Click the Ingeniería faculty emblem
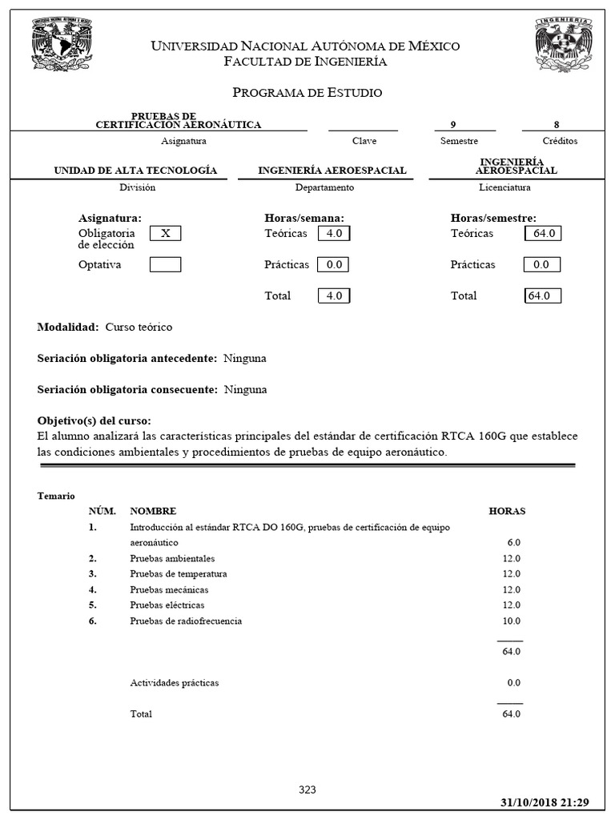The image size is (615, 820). (x=565, y=46)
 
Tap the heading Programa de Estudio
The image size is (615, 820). (x=307, y=93)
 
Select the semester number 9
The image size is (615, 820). (x=453, y=124)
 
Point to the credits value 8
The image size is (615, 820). (x=557, y=124)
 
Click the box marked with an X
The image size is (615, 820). (x=166, y=234)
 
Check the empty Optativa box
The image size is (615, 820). (x=166, y=264)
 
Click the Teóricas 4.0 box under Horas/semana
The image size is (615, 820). (x=334, y=234)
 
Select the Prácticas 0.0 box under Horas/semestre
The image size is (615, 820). (x=541, y=264)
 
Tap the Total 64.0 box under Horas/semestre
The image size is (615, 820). (x=542, y=295)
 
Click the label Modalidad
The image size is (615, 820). (x=68, y=328)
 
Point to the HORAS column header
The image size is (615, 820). (x=507, y=511)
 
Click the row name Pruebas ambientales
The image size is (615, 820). (x=172, y=558)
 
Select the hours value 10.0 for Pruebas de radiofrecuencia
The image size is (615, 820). (x=511, y=621)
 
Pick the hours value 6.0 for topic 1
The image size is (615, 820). (x=513, y=542)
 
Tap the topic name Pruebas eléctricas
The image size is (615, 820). (x=167, y=605)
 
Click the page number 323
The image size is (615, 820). (x=307, y=790)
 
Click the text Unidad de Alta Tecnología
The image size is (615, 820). (x=135, y=171)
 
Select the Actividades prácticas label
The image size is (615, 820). (x=174, y=683)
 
